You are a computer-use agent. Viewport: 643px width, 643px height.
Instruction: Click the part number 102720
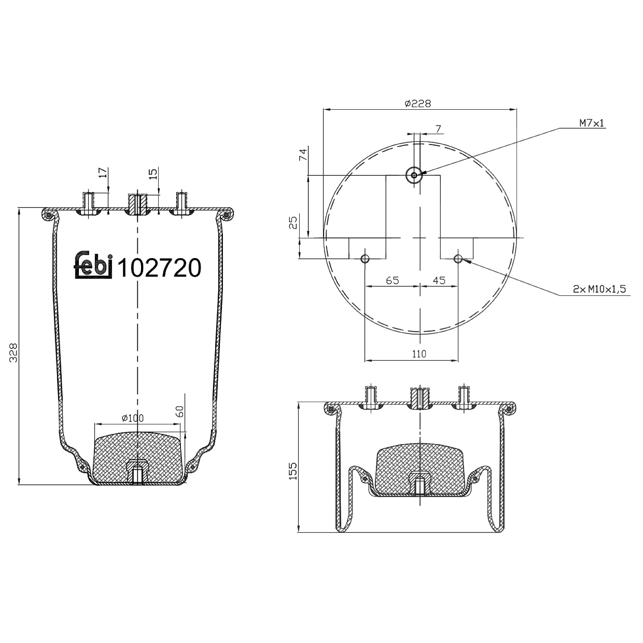(159, 267)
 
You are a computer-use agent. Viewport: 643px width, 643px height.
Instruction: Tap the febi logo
(94, 264)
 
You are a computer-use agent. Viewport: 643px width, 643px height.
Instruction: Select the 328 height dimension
(13, 352)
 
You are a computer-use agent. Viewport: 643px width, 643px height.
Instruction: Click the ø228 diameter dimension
(418, 103)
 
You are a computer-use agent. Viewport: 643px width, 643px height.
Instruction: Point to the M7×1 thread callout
(592, 123)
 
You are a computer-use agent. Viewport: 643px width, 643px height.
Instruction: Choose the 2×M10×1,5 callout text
(599, 289)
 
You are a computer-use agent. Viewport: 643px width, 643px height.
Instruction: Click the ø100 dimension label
(132, 418)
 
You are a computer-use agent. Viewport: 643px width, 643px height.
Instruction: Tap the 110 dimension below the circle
(419, 354)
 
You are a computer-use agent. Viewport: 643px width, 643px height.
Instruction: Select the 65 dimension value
(392, 280)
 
